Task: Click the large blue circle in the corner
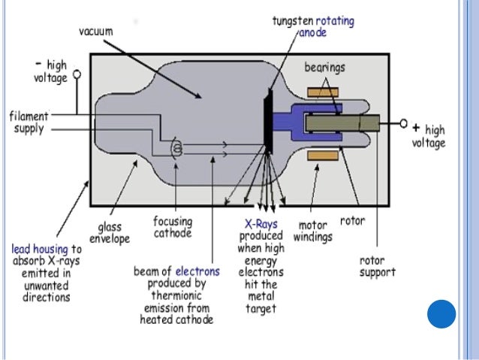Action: pyautogui.click(x=441, y=313)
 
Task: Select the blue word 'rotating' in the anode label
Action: pyautogui.click(x=334, y=22)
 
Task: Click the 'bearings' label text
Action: pyautogui.click(x=324, y=68)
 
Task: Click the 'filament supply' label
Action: pyautogui.click(x=28, y=122)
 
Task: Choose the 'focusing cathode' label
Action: pyautogui.click(x=173, y=227)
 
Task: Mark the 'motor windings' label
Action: pyautogui.click(x=316, y=230)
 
